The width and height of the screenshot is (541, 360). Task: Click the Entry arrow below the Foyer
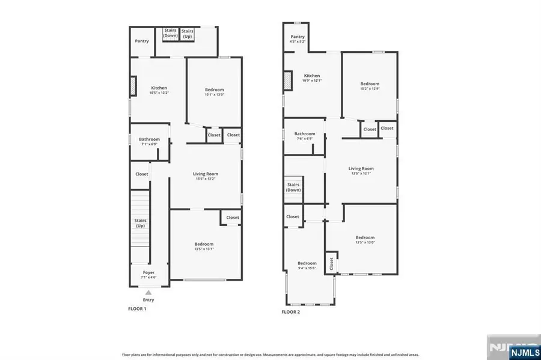148,292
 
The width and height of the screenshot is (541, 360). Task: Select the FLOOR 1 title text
137,309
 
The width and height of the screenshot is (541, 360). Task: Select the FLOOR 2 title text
291,312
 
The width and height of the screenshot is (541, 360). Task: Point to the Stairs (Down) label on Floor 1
171,33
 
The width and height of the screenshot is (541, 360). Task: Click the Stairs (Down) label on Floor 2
293,187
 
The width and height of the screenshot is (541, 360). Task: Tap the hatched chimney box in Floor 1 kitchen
133,88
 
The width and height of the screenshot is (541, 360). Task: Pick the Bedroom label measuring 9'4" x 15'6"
307,265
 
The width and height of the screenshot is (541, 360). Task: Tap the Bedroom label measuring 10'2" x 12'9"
370,86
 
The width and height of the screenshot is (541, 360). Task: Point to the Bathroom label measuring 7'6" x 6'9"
304,136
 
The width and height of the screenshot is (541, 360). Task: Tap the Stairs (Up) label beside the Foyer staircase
140,223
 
